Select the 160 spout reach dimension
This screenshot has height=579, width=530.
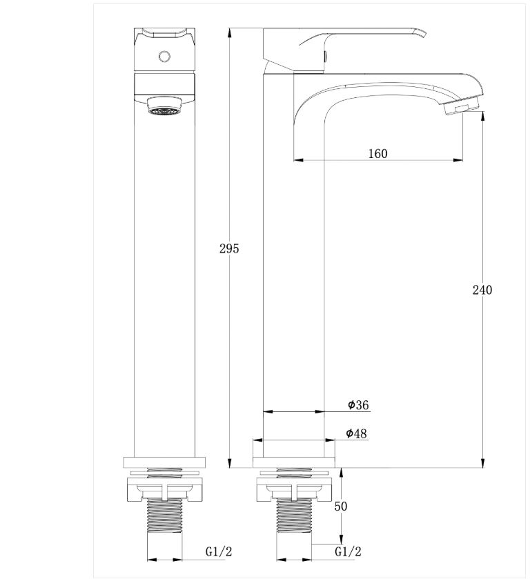377,153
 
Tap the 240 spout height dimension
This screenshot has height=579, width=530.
482,290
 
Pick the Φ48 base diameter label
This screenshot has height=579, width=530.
356,433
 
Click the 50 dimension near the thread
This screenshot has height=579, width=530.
341,506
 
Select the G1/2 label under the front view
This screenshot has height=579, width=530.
219,551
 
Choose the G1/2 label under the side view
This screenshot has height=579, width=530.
348,551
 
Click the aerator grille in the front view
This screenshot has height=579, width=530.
164,106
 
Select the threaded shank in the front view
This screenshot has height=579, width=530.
164,521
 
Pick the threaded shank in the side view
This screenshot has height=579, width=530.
293,521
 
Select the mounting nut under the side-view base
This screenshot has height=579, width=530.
294,489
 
